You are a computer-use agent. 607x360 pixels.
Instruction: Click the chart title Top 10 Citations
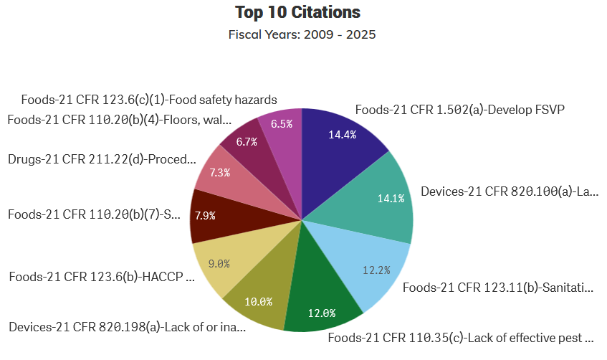[x=297, y=12]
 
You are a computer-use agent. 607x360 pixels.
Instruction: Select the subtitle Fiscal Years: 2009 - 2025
[x=302, y=34]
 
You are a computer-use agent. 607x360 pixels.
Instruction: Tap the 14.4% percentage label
[x=342, y=135]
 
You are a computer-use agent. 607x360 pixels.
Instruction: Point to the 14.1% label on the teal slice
[x=391, y=198]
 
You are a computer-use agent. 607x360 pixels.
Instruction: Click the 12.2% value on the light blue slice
[x=376, y=270]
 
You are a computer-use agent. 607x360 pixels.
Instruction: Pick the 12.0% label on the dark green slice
[x=322, y=313]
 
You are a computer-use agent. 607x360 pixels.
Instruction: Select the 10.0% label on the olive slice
[x=258, y=301]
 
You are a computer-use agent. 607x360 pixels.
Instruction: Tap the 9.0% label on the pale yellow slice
[x=219, y=263]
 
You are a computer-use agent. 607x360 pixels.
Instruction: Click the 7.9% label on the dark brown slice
[x=205, y=214]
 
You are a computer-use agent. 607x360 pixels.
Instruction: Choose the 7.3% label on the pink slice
[x=219, y=172]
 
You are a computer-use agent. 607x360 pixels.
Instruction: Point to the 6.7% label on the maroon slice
[x=247, y=142]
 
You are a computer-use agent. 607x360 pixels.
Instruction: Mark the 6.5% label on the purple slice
[x=281, y=123]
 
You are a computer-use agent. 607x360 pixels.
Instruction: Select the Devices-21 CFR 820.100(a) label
[x=509, y=191]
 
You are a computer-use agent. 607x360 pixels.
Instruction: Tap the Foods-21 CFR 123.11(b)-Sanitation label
[x=498, y=288]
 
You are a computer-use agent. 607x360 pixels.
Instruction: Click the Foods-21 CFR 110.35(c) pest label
[x=461, y=336]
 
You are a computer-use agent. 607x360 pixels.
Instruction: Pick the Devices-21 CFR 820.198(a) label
[x=127, y=327]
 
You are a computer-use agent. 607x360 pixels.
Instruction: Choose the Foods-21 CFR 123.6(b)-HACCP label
[x=101, y=276]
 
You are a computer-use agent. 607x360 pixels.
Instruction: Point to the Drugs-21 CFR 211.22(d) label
[x=101, y=159]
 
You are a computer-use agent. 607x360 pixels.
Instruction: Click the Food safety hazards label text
[x=149, y=100]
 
